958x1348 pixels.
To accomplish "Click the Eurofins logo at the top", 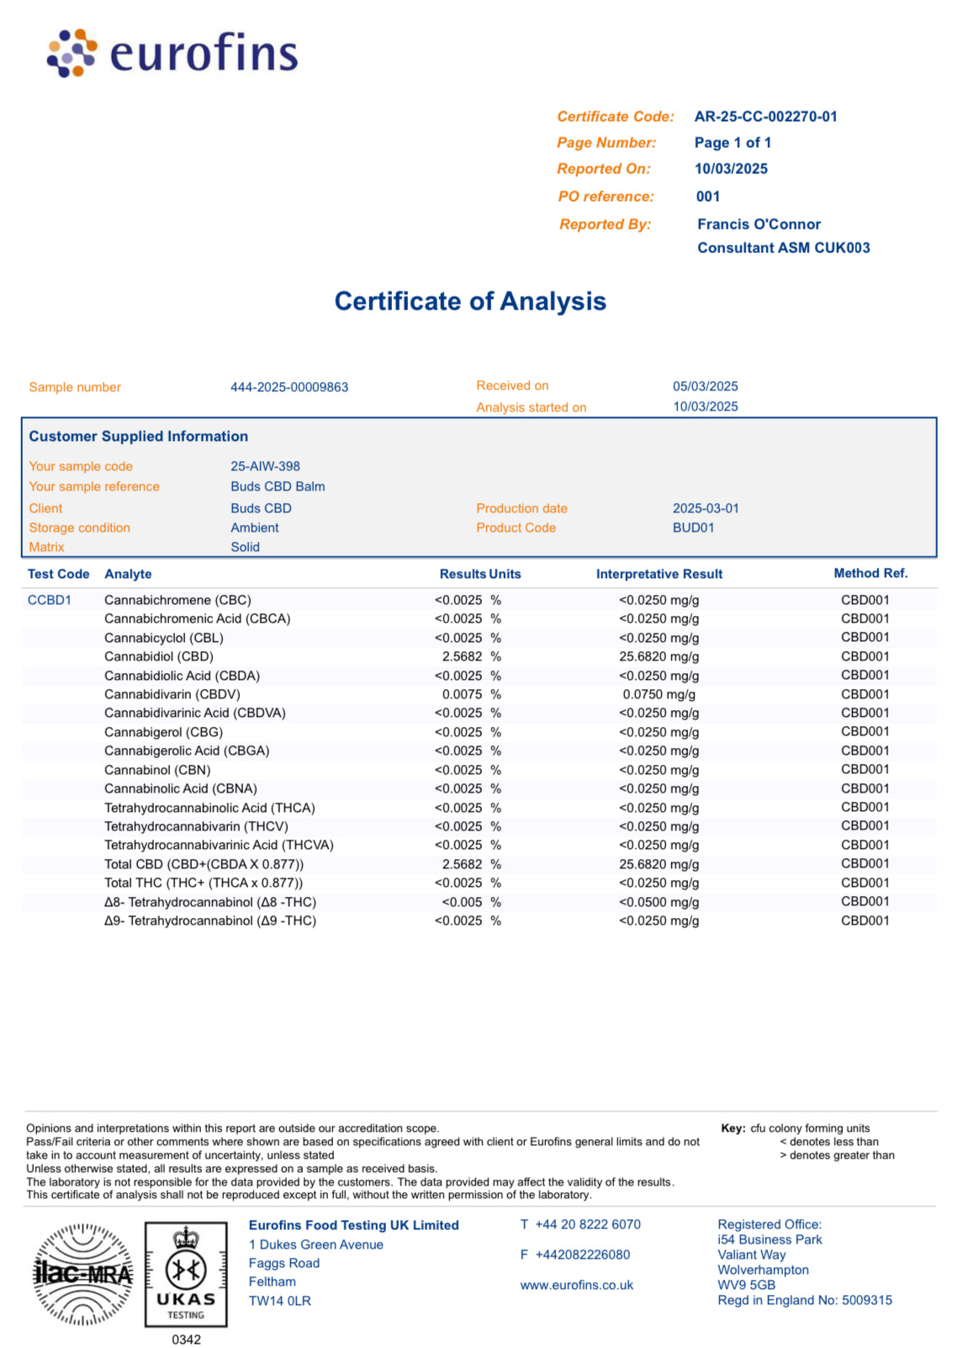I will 172,53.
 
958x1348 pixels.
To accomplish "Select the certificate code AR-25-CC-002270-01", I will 765,117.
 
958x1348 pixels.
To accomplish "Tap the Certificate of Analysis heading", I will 470,301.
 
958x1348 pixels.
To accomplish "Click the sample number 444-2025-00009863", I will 289,387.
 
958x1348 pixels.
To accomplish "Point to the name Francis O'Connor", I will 759,225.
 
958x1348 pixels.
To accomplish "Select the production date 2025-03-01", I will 706,508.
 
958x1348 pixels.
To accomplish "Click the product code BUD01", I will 693,528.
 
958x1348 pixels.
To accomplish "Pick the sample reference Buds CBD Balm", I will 278,486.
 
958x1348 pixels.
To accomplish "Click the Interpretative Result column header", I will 659,574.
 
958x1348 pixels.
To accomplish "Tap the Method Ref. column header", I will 871,573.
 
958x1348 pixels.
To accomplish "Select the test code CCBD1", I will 50,600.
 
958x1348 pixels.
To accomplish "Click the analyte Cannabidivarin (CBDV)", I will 172,694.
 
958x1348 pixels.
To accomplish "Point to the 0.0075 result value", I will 463,694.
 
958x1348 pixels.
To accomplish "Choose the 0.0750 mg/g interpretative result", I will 659,694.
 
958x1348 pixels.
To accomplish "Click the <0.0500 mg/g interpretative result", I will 659,902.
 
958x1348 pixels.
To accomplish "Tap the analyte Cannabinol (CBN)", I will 157,770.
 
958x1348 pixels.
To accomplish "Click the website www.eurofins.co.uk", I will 577,1285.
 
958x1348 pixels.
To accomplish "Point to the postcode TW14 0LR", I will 280,1301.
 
